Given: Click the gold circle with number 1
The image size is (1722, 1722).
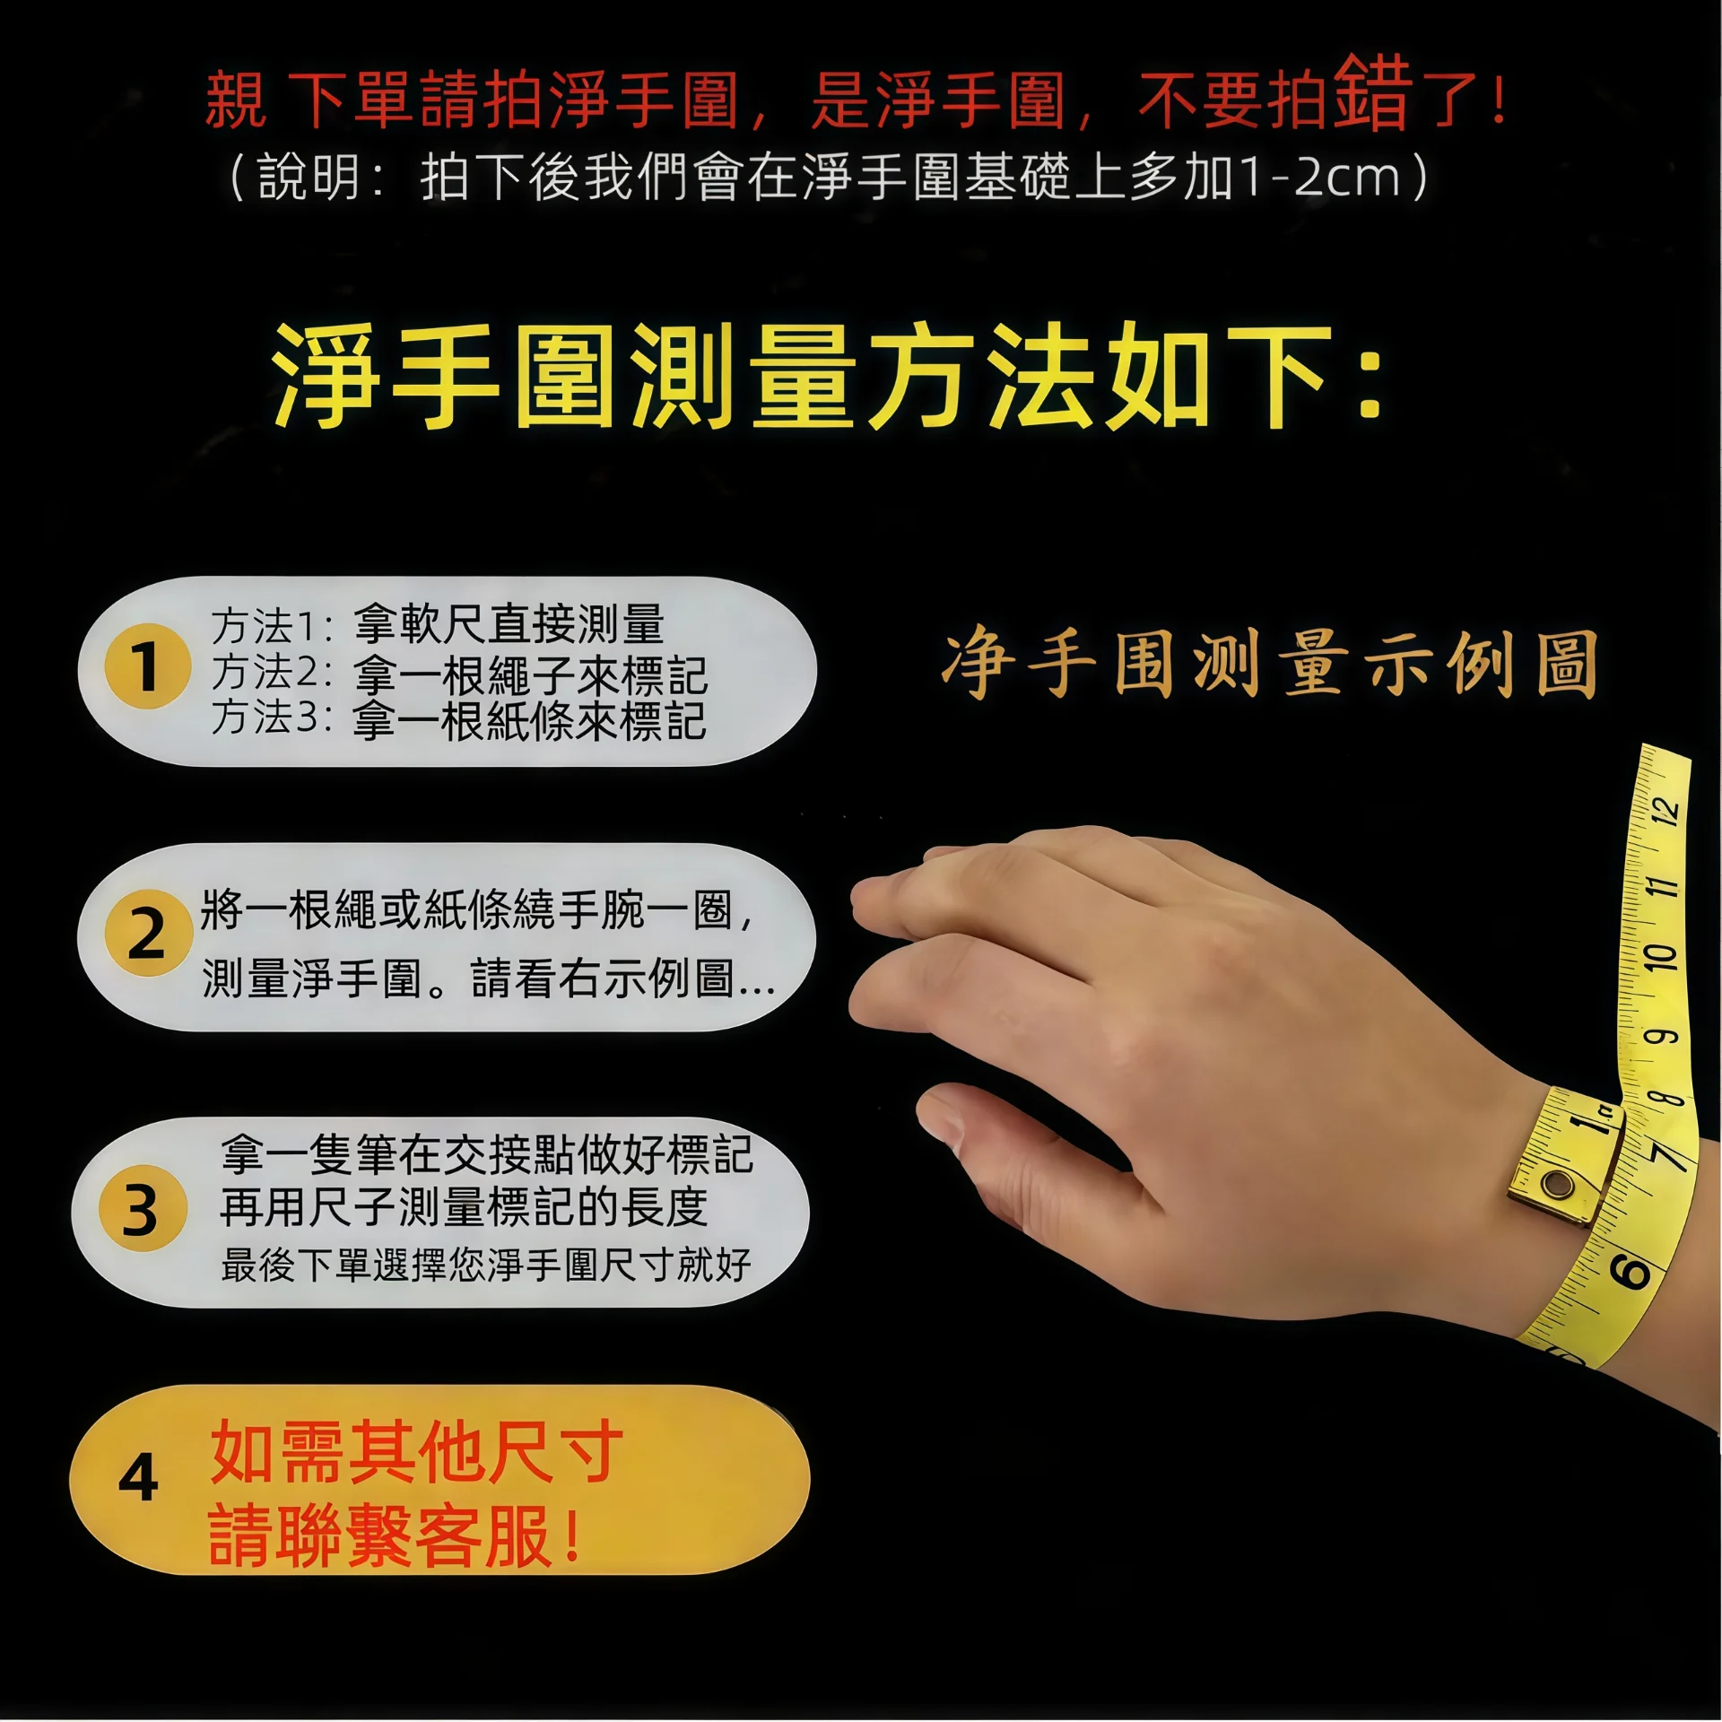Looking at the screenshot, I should pos(147,666).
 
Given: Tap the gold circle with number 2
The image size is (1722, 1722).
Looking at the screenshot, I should pos(147,934).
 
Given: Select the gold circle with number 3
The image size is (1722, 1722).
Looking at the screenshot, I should pos(142,1210).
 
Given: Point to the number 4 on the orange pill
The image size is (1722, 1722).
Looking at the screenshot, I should pos(138,1478).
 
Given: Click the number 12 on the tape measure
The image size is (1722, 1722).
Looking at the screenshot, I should pos(1665,811).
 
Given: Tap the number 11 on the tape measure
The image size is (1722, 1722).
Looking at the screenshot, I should pos(1662,887).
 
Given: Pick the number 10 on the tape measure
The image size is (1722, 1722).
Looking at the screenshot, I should pos(1660,957).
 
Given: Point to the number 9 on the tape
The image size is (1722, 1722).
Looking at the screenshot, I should pos(1659,1037).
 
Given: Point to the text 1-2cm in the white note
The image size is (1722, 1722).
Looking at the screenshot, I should pos(1318,177).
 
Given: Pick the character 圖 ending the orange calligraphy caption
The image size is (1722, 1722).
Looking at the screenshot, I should pos(1566,665).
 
